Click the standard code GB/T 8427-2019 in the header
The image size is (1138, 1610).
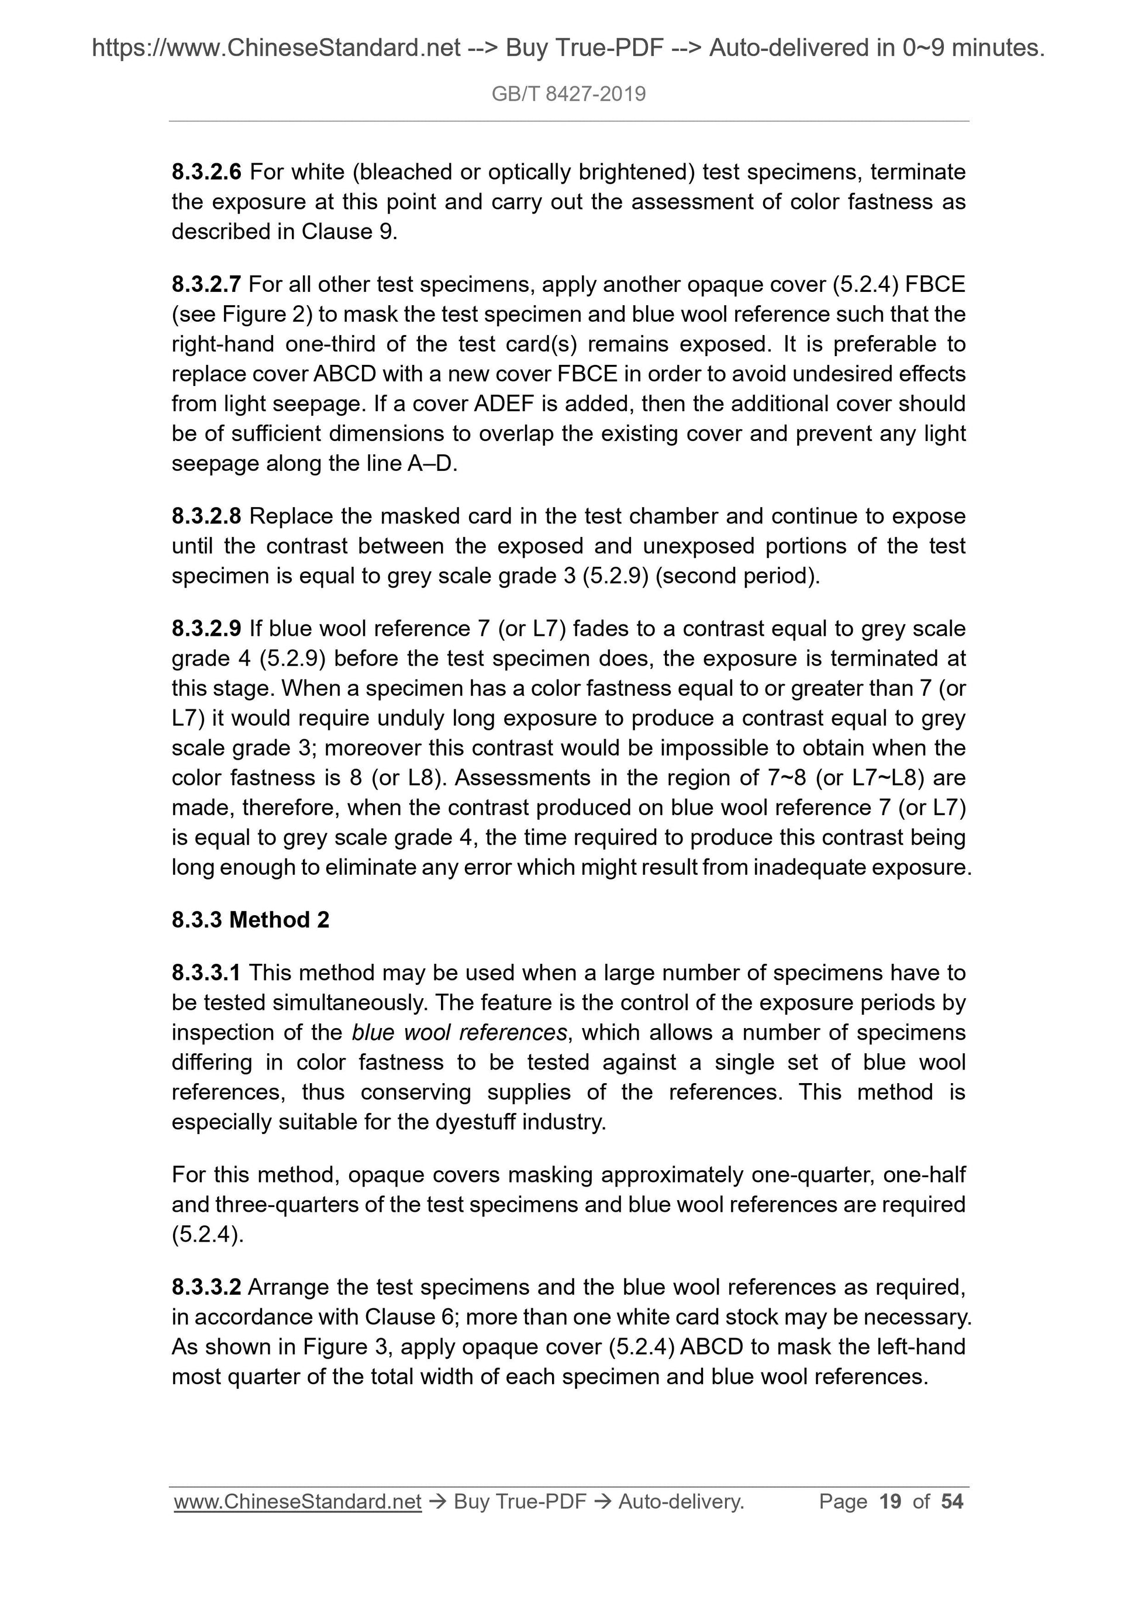[x=568, y=94]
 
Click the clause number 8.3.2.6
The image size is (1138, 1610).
[x=206, y=172]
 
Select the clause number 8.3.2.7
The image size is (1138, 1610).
[x=206, y=284]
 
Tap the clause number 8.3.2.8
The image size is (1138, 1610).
[x=206, y=516]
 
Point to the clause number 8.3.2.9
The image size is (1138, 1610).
[x=206, y=628]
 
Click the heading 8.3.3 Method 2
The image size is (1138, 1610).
[x=250, y=919]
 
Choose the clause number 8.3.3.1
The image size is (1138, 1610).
[x=206, y=973]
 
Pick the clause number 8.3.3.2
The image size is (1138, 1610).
[x=206, y=1287]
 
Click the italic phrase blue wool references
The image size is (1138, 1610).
[x=459, y=1032]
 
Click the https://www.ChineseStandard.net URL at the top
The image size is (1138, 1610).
[x=276, y=48]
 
